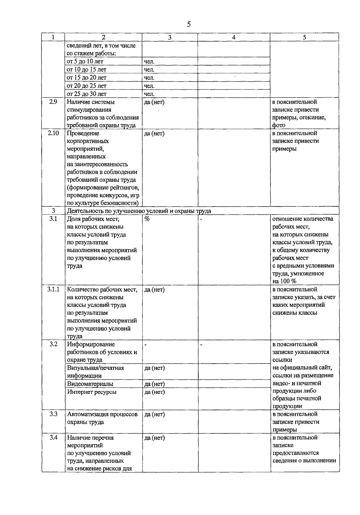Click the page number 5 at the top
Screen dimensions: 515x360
click(x=188, y=25)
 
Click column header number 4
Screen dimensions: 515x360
click(x=234, y=37)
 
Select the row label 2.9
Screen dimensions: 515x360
click(x=53, y=102)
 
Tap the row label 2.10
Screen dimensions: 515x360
click(x=53, y=133)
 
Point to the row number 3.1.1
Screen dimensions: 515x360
click(x=53, y=289)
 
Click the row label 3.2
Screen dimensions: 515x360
click(x=53, y=344)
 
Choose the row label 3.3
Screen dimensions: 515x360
click(x=53, y=414)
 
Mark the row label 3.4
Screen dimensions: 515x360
click(x=53, y=438)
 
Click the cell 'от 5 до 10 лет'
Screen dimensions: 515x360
click(x=85, y=61)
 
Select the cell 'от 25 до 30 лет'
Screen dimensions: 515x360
click(x=86, y=94)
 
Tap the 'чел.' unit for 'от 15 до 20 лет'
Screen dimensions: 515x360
click(x=149, y=78)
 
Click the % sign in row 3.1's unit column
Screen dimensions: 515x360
click(x=147, y=219)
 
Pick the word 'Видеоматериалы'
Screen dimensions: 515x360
click(x=90, y=384)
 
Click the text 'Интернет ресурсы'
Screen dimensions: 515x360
click(x=92, y=392)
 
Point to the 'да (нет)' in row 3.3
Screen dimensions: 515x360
click(x=154, y=415)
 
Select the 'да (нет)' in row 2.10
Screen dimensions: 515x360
click(x=154, y=133)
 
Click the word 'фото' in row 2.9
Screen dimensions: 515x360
click(x=279, y=125)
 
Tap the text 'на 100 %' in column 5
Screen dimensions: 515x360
click(x=284, y=281)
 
